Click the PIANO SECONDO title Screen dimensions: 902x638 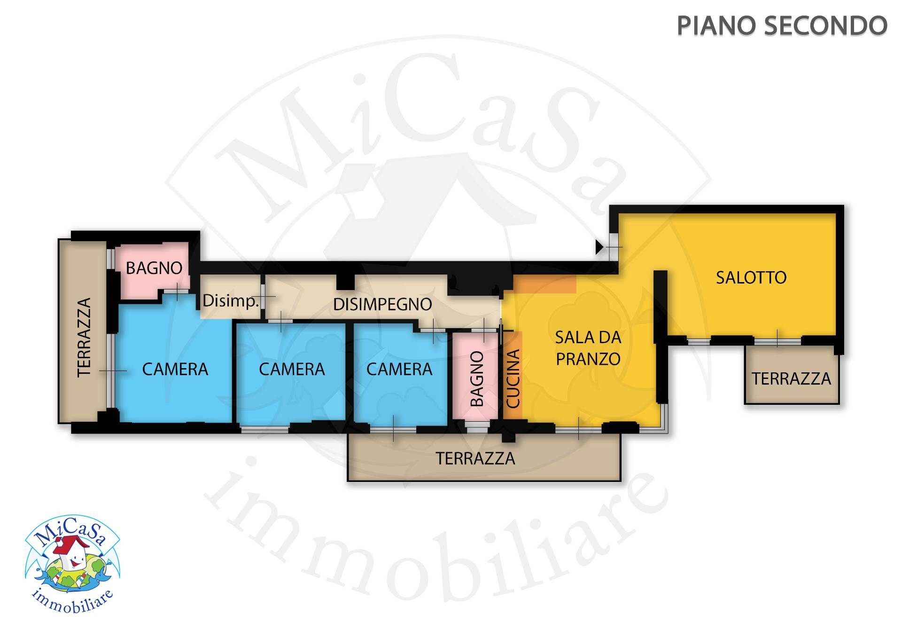(x=782, y=26)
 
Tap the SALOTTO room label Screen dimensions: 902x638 (x=751, y=277)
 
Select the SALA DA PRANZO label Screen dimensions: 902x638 (x=588, y=348)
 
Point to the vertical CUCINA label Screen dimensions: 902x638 (x=513, y=378)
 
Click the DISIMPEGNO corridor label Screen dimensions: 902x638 (x=382, y=304)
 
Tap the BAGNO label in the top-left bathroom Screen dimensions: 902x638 (x=154, y=268)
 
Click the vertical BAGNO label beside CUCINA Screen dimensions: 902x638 (x=477, y=378)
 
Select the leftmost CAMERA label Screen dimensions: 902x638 (x=175, y=369)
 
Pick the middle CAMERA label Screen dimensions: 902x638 (x=292, y=369)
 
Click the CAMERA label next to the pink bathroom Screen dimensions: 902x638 (x=399, y=369)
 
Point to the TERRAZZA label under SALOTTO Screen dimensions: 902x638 (x=792, y=378)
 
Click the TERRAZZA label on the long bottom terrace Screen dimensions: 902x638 (x=475, y=458)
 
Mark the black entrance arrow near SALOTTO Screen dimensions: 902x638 (x=599, y=247)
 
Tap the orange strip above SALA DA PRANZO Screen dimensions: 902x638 (x=545, y=284)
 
